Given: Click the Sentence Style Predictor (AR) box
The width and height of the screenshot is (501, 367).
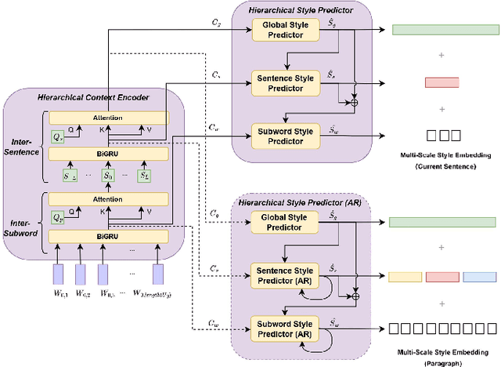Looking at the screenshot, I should coord(284,275).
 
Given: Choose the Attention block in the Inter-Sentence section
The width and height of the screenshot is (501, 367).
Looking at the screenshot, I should coord(108,118).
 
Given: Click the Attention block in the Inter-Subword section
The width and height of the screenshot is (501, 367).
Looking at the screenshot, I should coord(108,200).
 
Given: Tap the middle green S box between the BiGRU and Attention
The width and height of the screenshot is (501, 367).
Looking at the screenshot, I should coord(108,176).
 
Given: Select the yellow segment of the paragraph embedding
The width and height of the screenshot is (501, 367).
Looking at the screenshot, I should coord(404,276).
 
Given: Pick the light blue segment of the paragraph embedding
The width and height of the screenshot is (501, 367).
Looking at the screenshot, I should coord(479,276).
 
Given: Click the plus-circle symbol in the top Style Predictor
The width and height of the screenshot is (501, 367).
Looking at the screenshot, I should coord(355,103).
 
